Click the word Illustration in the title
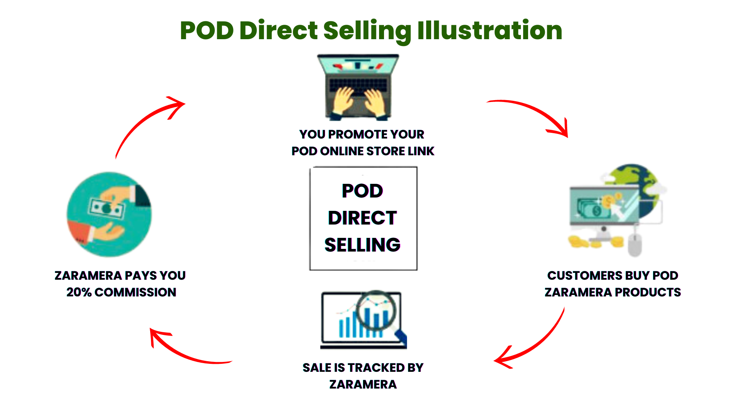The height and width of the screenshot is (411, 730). [490, 30]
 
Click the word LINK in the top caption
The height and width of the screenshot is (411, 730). [421, 151]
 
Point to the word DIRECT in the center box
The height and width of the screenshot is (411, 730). [362, 218]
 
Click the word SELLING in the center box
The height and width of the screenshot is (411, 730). [362, 245]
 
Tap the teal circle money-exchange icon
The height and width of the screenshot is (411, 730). [109, 214]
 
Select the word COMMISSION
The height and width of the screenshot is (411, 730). [135, 292]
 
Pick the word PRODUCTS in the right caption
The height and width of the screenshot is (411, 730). [647, 292]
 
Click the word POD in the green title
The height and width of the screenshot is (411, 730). [207, 30]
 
